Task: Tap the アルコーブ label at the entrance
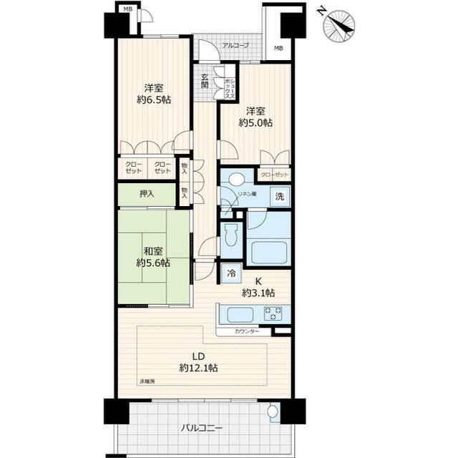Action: click(x=235, y=46)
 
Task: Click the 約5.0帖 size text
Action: click(x=255, y=122)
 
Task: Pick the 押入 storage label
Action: click(x=147, y=193)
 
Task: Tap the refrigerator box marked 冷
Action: click(x=232, y=272)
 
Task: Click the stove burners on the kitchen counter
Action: click(x=273, y=313)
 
